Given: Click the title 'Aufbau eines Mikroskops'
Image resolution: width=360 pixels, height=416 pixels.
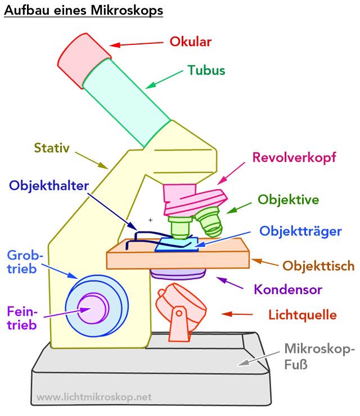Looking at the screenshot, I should (x=83, y=11).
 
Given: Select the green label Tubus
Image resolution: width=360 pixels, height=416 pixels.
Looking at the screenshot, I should (x=206, y=71).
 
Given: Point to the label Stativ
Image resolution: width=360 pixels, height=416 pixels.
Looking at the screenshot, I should (x=51, y=148).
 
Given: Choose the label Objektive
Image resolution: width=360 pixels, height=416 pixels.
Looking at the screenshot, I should (x=288, y=200).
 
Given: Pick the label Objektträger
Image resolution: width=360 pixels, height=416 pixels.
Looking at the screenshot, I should (x=300, y=231).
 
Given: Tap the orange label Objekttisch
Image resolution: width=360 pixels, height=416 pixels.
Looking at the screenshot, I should (x=318, y=265).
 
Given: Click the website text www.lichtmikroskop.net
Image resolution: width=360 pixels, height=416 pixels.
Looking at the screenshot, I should (x=94, y=397).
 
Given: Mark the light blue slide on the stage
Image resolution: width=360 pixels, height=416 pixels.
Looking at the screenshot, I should (x=177, y=244).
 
